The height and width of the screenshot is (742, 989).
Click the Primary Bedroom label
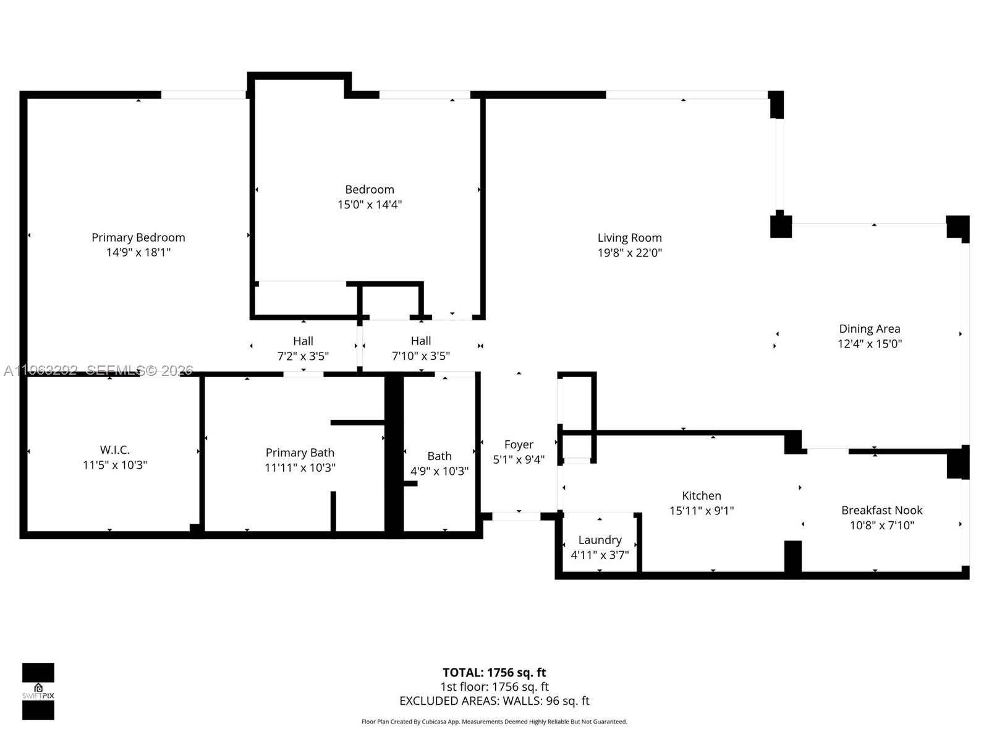[x=138, y=237]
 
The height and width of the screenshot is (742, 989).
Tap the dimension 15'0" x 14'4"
[x=370, y=205]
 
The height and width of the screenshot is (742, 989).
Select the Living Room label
[x=629, y=237]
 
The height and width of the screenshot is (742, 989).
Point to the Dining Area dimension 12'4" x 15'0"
[x=869, y=344]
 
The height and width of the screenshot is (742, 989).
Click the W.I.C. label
[x=115, y=450]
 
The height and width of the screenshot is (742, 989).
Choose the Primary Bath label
[x=300, y=453]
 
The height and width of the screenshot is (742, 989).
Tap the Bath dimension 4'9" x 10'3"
[x=439, y=471]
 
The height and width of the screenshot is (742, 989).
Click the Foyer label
[x=518, y=445]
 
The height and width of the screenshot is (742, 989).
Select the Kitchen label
[x=701, y=495]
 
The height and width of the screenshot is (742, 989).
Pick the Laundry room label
[x=600, y=540]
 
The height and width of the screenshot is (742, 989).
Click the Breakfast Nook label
[x=881, y=510]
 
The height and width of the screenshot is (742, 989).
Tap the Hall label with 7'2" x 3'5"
[x=303, y=341]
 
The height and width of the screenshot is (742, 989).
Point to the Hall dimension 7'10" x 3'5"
[x=420, y=356]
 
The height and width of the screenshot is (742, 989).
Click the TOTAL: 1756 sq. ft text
[x=494, y=672]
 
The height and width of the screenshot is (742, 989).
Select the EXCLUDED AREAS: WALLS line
[x=494, y=701]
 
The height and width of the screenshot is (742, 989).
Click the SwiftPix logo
[x=38, y=691]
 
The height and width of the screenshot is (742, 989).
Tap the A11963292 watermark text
[x=41, y=370]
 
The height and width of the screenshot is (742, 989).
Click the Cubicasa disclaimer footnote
[x=494, y=722]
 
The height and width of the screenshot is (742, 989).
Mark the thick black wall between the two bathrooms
[x=394, y=454]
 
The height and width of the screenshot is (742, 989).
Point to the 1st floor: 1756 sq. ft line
[x=494, y=686]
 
